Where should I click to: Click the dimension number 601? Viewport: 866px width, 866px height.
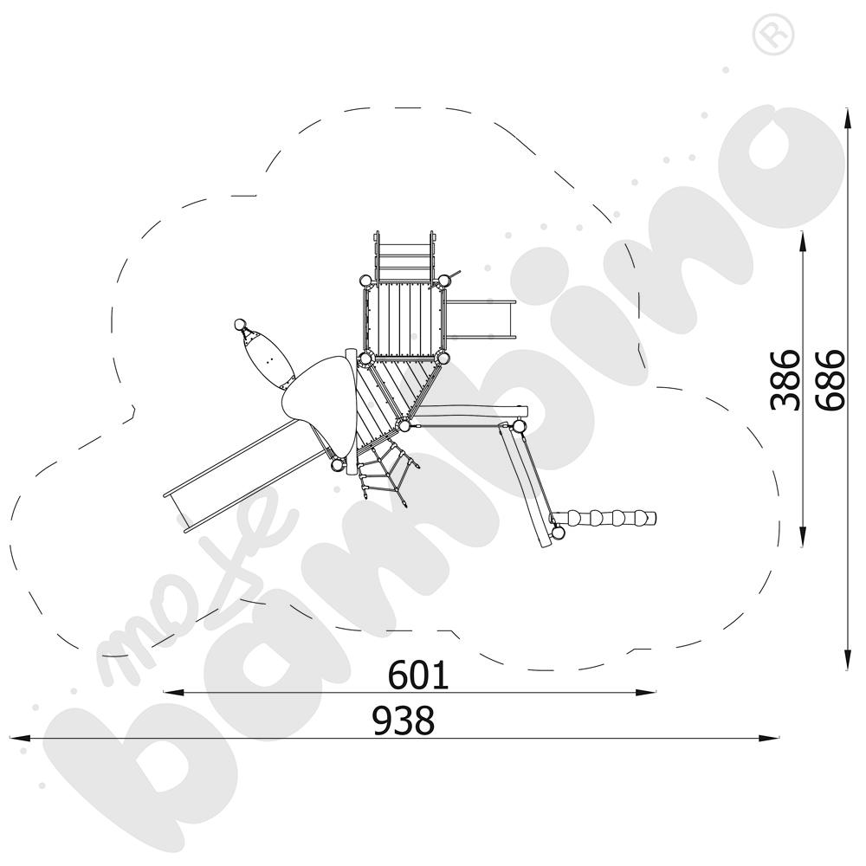(x=418, y=675)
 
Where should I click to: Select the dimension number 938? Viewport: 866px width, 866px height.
(x=404, y=721)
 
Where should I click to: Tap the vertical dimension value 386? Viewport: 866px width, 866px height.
(x=785, y=379)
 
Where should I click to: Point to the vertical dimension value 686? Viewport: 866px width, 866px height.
(x=830, y=379)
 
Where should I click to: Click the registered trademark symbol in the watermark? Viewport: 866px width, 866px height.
(x=773, y=35)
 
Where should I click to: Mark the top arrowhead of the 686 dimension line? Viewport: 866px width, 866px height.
(x=847, y=119)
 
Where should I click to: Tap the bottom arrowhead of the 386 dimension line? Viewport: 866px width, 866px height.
(x=802, y=537)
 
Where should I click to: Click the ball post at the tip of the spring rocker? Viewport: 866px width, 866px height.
(x=240, y=324)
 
